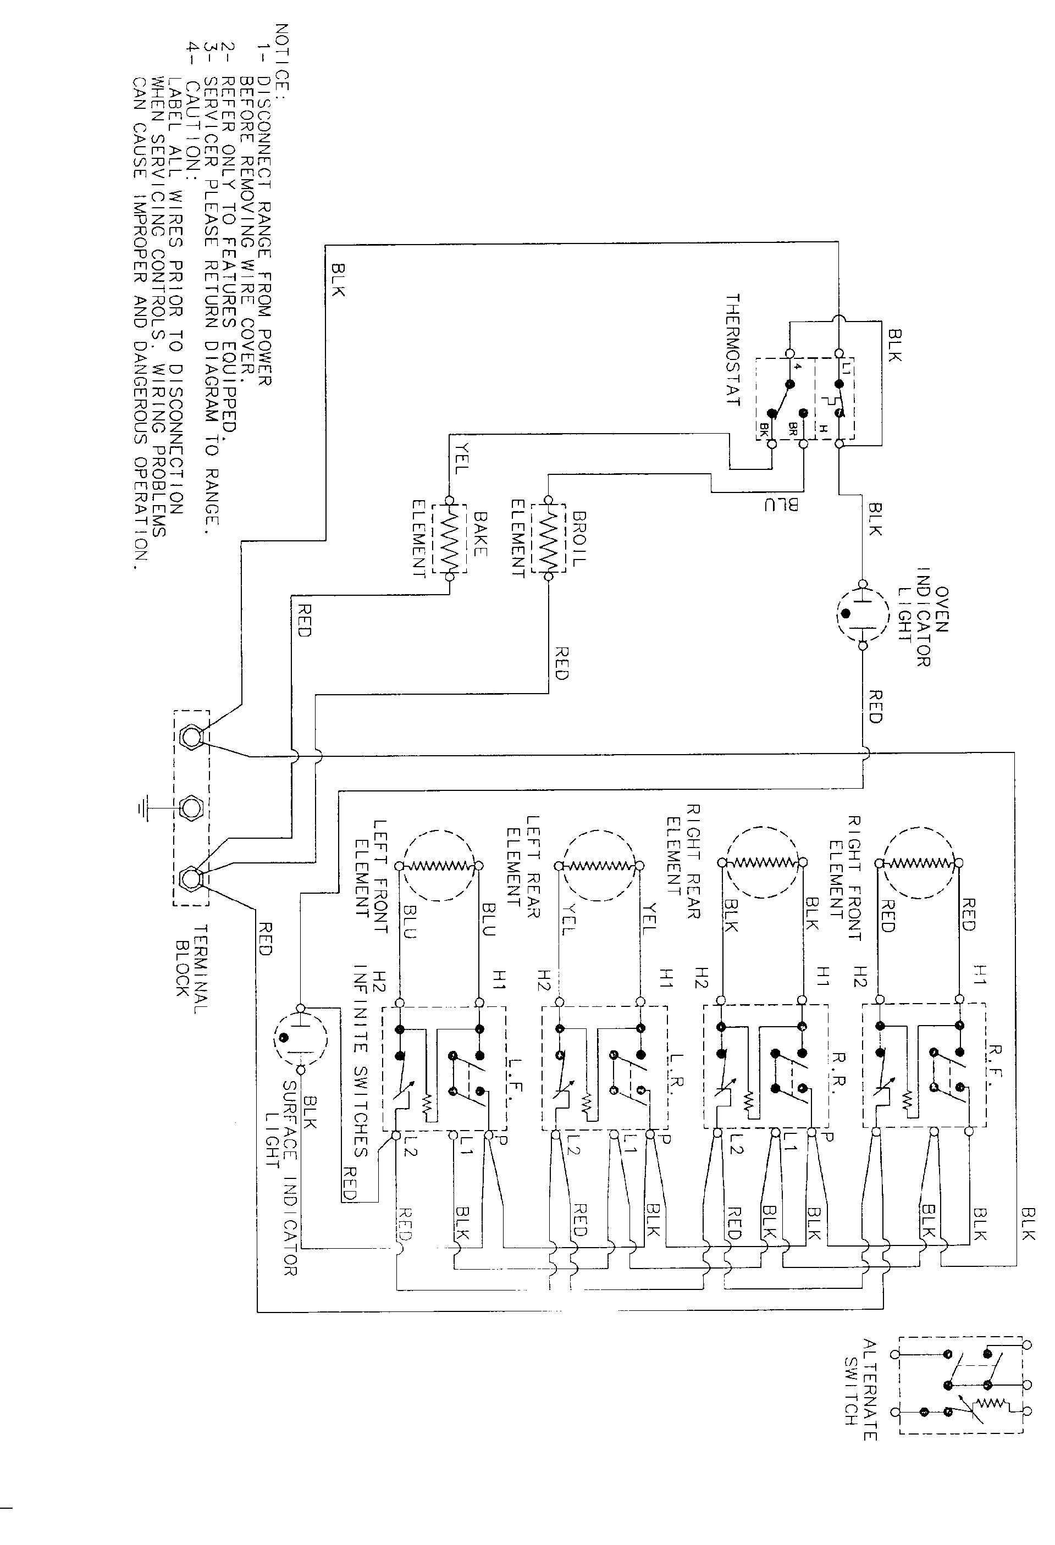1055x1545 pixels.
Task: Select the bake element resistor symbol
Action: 449,539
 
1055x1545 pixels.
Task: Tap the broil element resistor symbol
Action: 548,539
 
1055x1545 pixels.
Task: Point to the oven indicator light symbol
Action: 861,613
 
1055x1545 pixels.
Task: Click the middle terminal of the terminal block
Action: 191,809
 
